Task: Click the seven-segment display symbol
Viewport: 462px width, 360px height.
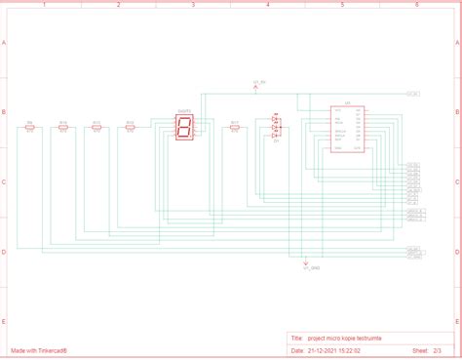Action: click(x=183, y=127)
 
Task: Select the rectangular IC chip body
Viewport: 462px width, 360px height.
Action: click(x=347, y=128)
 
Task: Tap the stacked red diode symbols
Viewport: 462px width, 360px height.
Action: click(x=276, y=128)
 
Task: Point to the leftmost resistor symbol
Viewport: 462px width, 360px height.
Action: click(x=30, y=128)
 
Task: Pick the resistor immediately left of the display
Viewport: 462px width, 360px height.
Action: click(x=131, y=127)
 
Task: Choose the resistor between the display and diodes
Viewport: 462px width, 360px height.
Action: click(x=235, y=127)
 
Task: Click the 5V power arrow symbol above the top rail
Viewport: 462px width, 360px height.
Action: click(x=256, y=88)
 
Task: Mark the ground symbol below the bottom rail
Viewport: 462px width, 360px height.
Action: click(x=306, y=260)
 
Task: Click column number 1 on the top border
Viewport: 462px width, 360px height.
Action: click(x=44, y=5)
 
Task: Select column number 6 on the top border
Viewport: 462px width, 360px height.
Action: click(x=417, y=5)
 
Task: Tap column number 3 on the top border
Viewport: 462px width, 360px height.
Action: click(x=193, y=5)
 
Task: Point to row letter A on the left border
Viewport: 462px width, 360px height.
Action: click(x=5, y=44)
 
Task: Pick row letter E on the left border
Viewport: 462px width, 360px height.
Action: click(x=5, y=321)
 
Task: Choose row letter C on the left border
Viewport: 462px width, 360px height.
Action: click(x=5, y=182)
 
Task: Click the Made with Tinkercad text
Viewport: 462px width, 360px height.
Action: click(x=46, y=349)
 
